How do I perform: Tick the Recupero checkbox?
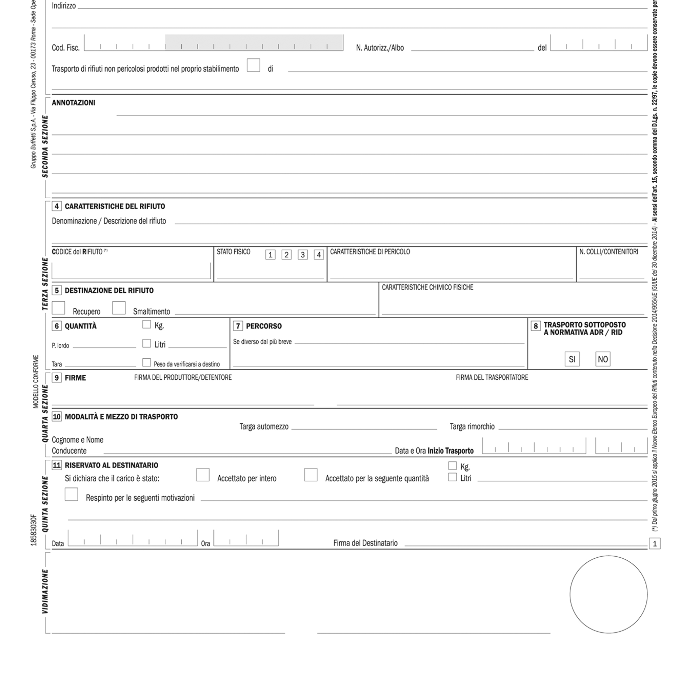(58, 308)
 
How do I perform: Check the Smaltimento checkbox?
(119, 308)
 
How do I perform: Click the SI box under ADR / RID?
(572, 359)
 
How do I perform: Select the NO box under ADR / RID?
(602, 359)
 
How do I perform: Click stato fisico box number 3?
(302, 255)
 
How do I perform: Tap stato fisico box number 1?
(270, 255)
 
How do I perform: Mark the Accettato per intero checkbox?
(203, 475)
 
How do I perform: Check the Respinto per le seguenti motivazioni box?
(71, 494)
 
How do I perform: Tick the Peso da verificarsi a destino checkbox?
(147, 362)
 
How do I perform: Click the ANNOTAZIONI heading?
(73, 103)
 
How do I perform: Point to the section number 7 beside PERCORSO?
(238, 326)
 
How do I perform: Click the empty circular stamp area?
(608, 595)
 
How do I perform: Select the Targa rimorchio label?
(472, 427)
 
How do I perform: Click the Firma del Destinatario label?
(365, 543)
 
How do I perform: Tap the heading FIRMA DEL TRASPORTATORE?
(492, 378)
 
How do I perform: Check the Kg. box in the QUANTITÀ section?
(147, 325)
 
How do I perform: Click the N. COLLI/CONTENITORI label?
(609, 252)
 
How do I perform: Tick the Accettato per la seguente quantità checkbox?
(311, 475)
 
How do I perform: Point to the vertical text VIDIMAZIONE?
(45, 592)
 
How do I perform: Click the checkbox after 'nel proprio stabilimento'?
(253, 65)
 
